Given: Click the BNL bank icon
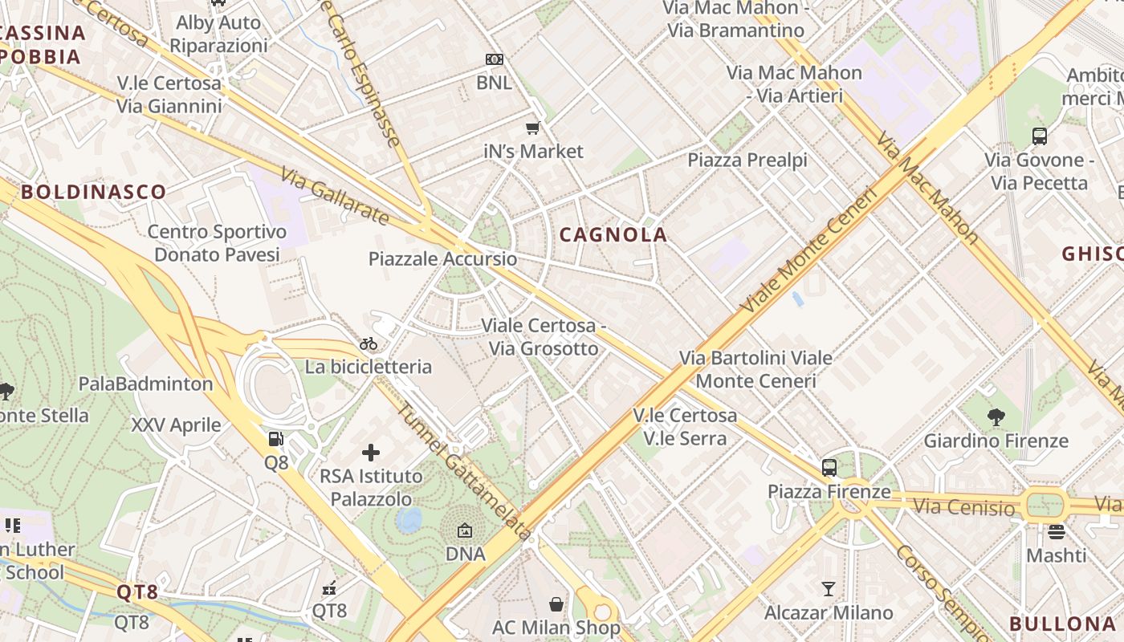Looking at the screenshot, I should point(495,59).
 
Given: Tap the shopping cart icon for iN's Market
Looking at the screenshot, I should point(531,128).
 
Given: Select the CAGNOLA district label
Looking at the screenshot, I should point(613,235).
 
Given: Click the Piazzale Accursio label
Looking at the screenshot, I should point(442,259).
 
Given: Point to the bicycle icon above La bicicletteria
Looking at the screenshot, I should point(369,344).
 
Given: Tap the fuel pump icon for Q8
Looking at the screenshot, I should point(275,439).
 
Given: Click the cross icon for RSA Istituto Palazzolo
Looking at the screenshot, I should point(371,453).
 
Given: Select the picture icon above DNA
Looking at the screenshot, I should point(465,530).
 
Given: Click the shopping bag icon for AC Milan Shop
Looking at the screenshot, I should point(556,603).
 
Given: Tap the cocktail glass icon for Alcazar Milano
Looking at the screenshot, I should point(829,589).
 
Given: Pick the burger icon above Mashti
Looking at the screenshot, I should point(1056,531).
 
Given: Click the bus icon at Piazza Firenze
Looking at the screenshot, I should point(829,468).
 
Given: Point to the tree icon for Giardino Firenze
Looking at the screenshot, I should point(996,416).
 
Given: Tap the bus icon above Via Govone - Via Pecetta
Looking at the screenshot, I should point(1040,136).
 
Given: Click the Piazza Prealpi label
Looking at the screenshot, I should point(747,160).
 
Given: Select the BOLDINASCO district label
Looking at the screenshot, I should point(93,192).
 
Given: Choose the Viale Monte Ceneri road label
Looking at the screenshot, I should point(808,250).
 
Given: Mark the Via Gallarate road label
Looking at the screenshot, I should point(335,196).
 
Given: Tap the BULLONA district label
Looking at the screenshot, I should point(1062,624).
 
